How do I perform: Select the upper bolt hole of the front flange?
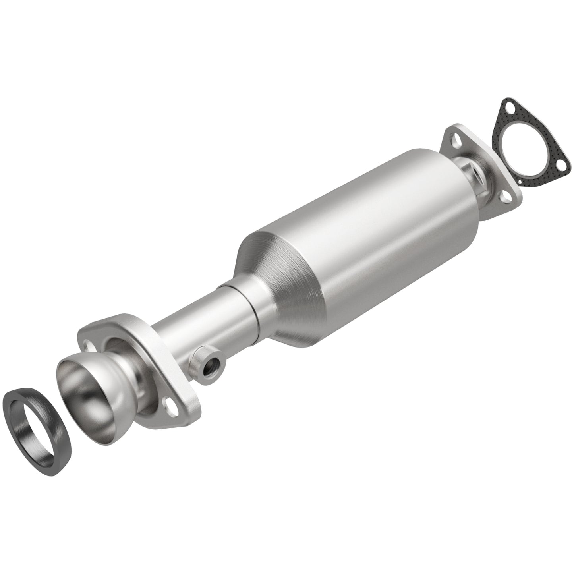(x=91, y=338)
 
